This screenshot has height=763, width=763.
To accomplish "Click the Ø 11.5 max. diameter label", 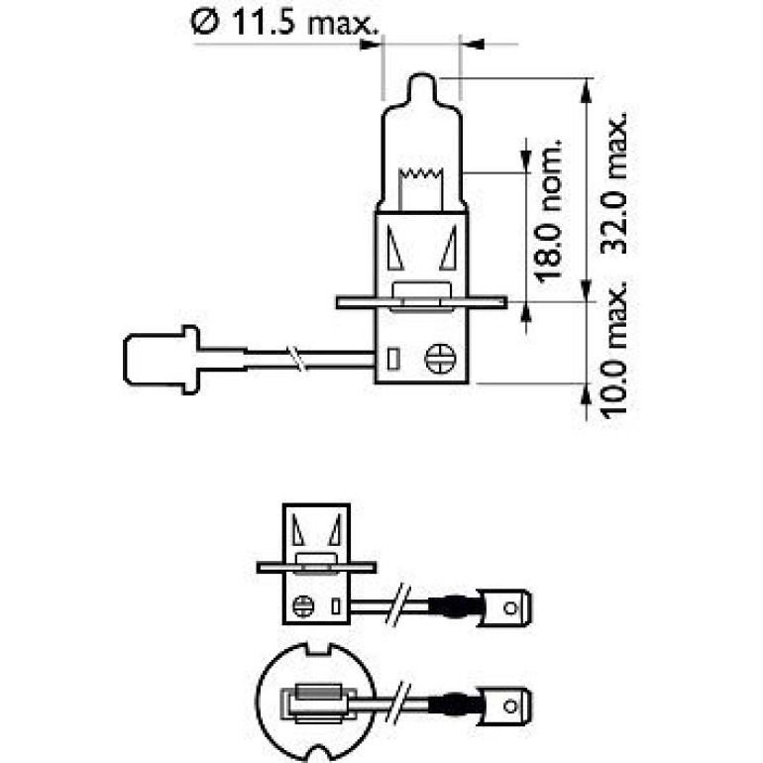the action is pos(284,23).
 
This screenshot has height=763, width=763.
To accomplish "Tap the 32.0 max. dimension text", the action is pos(613,184).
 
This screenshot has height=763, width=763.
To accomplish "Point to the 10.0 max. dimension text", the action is pos(613,349).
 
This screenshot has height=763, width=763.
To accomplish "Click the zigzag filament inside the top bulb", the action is pos(421,172).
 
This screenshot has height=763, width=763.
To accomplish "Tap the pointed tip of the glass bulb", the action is pos(422,74).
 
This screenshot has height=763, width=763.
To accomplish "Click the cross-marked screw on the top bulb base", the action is pos(440,359).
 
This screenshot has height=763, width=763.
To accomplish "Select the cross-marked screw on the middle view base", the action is pos(303,606).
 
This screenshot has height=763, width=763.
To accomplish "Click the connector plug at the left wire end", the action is pos(162,360).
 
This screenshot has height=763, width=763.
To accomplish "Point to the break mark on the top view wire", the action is pos(297,359).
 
